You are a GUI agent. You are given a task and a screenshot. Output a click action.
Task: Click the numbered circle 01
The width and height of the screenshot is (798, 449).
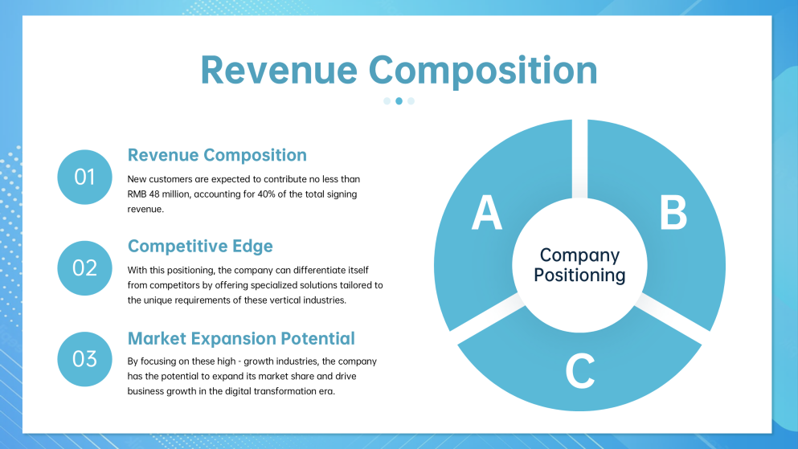coord(84,177)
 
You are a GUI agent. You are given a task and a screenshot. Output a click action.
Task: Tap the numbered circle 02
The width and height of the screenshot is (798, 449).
coord(84,268)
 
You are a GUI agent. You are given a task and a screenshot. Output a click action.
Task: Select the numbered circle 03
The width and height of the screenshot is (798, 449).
coord(84,359)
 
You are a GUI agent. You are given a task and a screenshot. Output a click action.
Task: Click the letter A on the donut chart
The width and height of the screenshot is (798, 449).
coord(487,213)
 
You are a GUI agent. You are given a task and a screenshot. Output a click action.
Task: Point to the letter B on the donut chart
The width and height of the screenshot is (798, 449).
coord(673,213)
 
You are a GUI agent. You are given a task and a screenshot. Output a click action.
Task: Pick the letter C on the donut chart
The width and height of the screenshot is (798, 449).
coord(579,371)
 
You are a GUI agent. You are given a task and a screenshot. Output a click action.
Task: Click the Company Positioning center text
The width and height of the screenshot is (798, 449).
coord(579,265)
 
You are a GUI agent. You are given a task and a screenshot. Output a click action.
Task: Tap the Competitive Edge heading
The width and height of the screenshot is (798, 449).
coord(200,246)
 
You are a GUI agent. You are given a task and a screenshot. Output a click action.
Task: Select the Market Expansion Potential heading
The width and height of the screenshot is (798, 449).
coord(241,339)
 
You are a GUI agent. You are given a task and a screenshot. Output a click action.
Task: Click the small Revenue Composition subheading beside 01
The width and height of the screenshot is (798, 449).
coord(217,155)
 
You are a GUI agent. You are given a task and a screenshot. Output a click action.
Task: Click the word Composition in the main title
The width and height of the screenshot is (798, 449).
coord(483,71)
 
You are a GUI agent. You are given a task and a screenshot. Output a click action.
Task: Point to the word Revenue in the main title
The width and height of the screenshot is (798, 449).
coord(280,70)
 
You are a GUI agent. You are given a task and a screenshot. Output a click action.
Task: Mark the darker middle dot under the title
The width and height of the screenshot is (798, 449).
coord(399,101)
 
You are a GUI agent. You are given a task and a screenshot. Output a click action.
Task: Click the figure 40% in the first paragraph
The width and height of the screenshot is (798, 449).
coord(266,194)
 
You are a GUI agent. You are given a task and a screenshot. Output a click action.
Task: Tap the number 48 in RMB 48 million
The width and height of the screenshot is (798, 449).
coord(154,194)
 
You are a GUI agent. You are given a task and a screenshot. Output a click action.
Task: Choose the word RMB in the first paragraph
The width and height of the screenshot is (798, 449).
coord(137,194)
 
